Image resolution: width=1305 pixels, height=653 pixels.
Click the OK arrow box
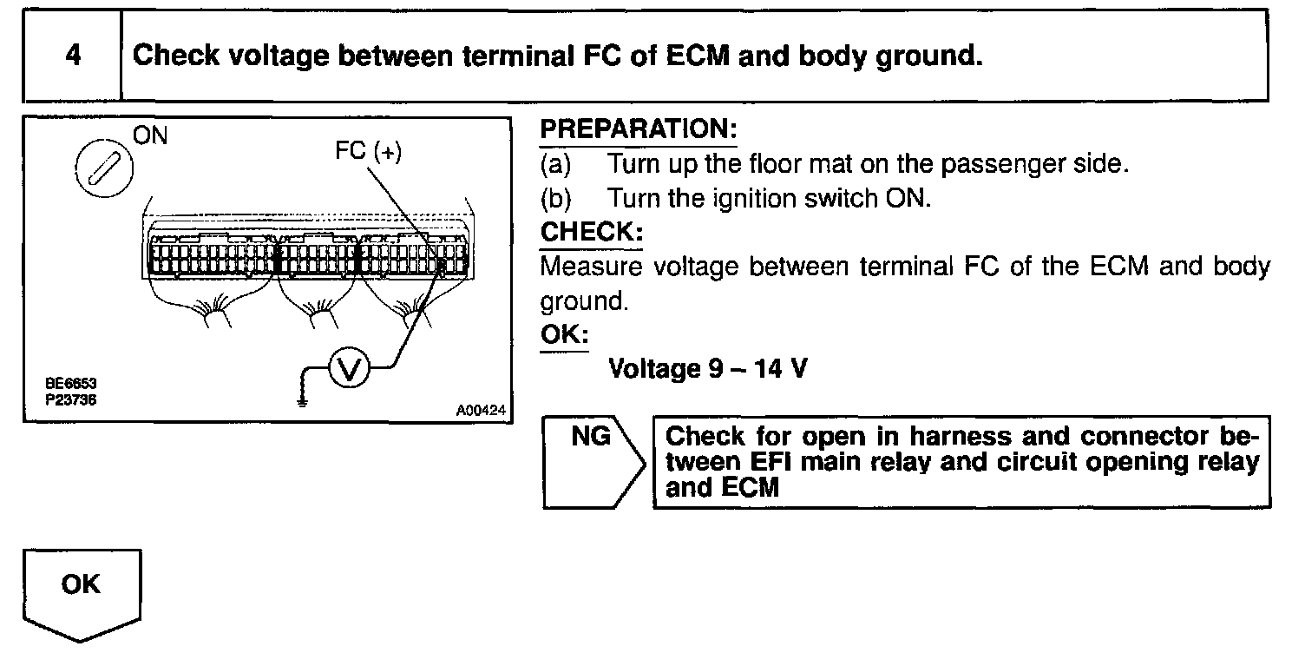click(81, 590)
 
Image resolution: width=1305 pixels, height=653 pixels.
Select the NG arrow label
click(591, 437)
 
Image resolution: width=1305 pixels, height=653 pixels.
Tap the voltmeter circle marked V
click(349, 370)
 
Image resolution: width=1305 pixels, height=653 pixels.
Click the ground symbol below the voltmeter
click(300, 400)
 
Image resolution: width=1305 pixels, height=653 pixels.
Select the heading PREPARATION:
click(638, 130)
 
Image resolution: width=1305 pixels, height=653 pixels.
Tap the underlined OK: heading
click(563, 335)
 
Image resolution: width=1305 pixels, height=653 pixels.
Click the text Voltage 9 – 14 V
click(708, 369)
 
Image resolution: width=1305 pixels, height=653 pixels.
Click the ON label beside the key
click(151, 135)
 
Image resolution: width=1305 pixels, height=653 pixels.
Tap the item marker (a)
click(556, 164)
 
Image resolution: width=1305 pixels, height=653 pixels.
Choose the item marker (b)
click(556, 199)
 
